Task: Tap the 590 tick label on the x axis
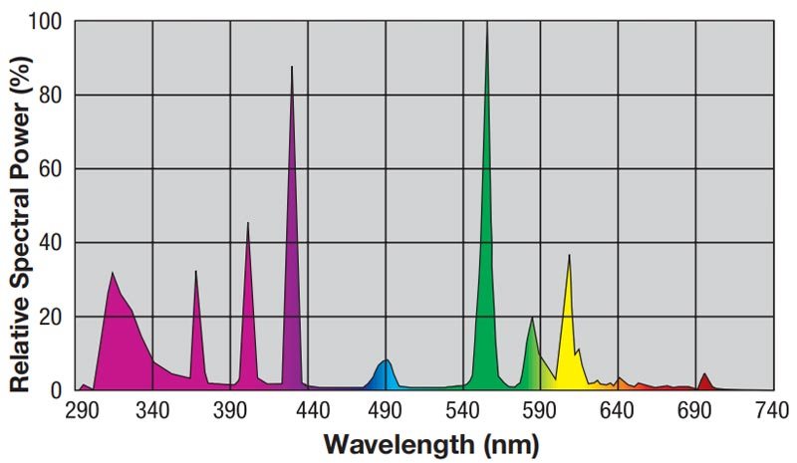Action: pyautogui.click(x=539, y=410)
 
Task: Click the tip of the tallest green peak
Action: pyautogui.click(x=486, y=24)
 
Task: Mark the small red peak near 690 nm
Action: pyautogui.click(x=704, y=375)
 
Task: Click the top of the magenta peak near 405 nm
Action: pyautogui.click(x=248, y=224)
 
